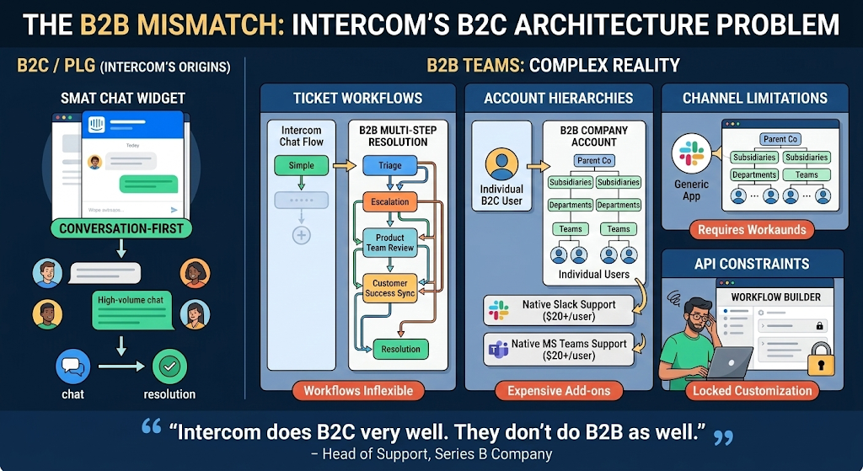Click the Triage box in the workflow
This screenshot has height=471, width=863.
[389, 165]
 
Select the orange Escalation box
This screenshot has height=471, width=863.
[389, 202]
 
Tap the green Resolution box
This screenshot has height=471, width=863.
[400, 349]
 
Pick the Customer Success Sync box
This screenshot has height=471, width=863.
[389, 288]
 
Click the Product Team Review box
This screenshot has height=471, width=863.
[389, 243]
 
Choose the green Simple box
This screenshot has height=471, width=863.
[301, 165]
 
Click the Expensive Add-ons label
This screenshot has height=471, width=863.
[559, 391]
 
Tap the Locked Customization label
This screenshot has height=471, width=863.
[752, 391]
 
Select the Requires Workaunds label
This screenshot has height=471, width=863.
[752, 229]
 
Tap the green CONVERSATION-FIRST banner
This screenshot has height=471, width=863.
[121, 228]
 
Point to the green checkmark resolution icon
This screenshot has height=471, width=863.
[169, 367]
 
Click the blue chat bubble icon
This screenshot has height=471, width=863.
[73, 367]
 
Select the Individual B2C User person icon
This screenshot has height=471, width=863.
[501, 163]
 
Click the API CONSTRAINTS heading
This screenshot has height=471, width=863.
[752, 264]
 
